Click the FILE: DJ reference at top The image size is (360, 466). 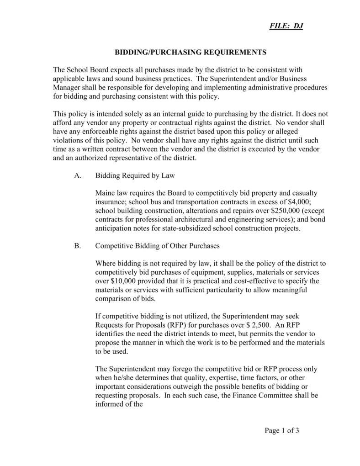[285, 26]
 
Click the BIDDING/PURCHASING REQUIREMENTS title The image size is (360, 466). [190, 53]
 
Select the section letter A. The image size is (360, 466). [77, 175]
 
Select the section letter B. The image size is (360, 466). [77, 246]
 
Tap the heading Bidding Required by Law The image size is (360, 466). [135, 175]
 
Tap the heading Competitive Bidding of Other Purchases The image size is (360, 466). [157, 246]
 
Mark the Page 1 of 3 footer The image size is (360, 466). [281, 430]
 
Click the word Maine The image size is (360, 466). [106, 193]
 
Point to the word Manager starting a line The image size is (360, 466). [67, 87]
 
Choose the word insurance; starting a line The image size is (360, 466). [111, 202]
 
